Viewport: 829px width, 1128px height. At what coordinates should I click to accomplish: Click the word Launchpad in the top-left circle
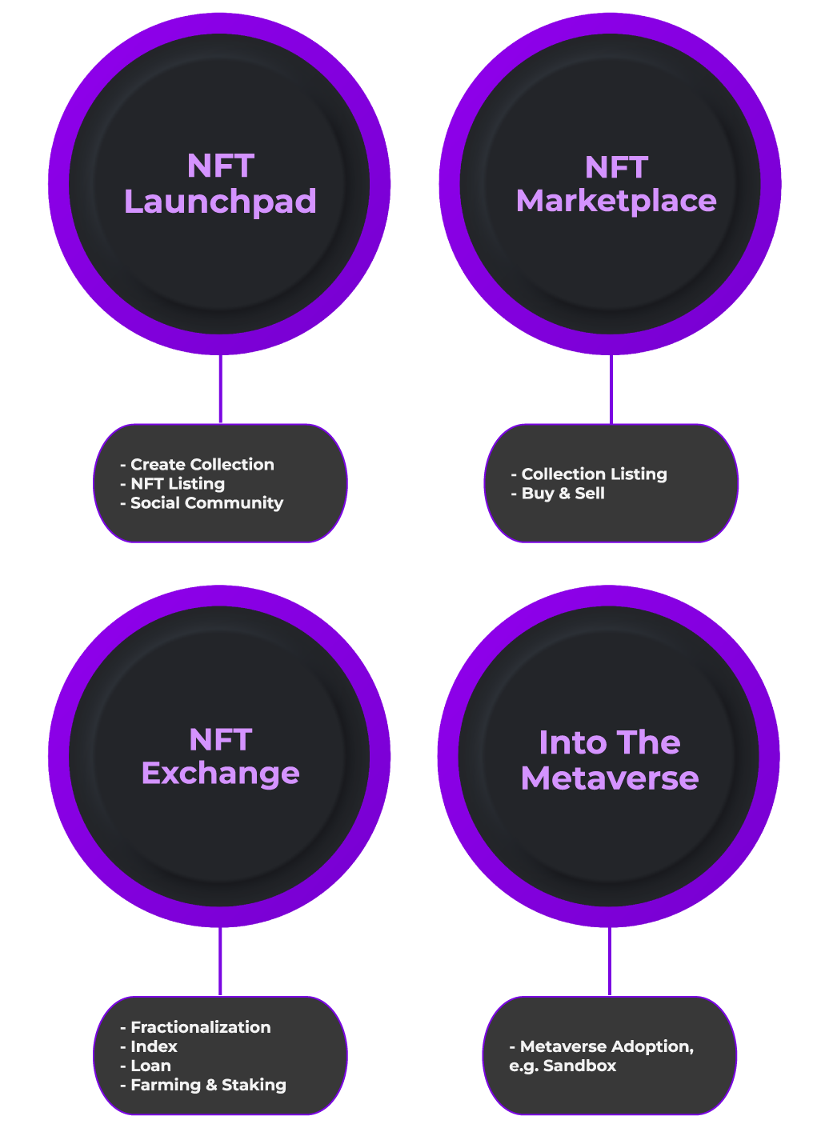[220, 202]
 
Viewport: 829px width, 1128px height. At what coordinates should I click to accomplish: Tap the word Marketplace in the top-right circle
[616, 201]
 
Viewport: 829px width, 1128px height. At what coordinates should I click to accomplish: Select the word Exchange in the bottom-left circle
[220, 774]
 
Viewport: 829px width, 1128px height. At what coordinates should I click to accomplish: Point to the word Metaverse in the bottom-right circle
[610, 778]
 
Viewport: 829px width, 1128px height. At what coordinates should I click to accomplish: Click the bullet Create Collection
[202, 465]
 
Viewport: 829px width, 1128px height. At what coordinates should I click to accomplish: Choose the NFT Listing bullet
[177, 484]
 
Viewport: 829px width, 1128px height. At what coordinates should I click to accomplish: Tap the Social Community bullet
[206, 503]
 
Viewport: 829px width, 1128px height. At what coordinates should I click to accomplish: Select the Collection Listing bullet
[594, 474]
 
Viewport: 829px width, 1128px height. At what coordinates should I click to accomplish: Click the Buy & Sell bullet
[563, 494]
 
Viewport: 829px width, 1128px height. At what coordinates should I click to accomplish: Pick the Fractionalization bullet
[200, 1027]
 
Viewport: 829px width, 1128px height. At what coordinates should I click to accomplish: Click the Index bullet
[154, 1046]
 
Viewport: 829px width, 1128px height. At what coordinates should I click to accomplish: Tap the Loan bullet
[150, 1066]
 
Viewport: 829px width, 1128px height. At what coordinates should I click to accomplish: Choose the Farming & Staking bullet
[208, 1085]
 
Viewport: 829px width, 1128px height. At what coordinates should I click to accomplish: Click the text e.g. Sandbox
[563, 1066]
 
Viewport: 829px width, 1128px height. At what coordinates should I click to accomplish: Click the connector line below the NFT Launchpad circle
[220, 390]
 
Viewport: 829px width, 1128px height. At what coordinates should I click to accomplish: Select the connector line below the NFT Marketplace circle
[611, 390]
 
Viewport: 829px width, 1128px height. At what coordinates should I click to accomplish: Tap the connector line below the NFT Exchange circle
[220, 962]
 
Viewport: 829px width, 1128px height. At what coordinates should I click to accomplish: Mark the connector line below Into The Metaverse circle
[610, 962]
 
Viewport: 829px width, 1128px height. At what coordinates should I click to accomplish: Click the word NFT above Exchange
[221, 740]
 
